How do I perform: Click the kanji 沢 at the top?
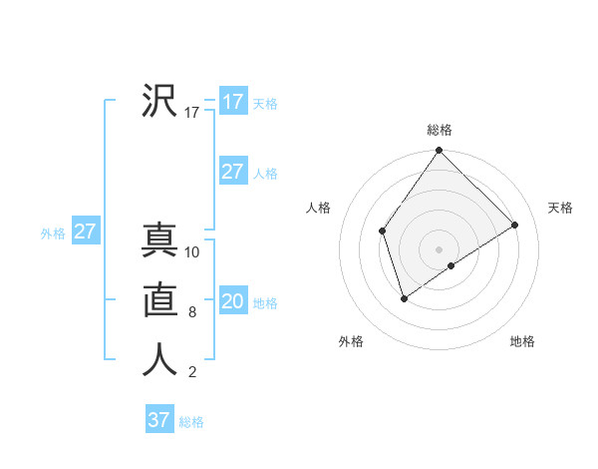[159, 100]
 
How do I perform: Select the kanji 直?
[159, 300]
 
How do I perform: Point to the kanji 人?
[159, 360]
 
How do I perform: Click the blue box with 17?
[232, 102]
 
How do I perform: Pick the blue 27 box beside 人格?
[232, 172]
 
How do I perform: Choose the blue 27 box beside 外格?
[85, 233]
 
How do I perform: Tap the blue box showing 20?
[232, 301]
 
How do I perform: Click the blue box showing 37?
[158, 420]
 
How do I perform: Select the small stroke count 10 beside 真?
[192, 252]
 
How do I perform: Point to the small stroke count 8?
[192, 312]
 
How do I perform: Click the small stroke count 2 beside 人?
[192, 372]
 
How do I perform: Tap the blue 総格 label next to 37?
[191, 422]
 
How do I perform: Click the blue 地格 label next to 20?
[265, 303]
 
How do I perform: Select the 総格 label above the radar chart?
[440, 130]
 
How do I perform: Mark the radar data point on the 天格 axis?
[515, 225]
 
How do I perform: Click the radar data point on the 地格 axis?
[451, 265]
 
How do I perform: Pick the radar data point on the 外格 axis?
[404, 298]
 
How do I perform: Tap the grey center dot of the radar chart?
[440, 248]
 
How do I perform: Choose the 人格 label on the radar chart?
[319, 208]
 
